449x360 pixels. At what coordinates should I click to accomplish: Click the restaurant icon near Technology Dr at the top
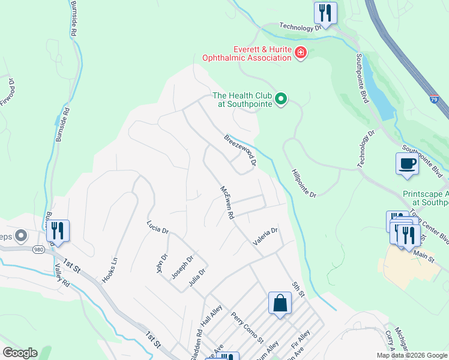tap(325, 13)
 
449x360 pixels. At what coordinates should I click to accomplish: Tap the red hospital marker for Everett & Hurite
tap(300, 54)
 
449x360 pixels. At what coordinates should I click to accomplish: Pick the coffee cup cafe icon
tap(407, 164)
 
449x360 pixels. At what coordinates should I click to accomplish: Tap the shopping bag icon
tap(280, 302)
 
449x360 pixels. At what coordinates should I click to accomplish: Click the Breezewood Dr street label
tap(241, 149)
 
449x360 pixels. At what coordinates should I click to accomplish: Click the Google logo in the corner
tap(20, 353)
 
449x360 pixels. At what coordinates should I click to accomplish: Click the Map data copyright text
tap(412, 355)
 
